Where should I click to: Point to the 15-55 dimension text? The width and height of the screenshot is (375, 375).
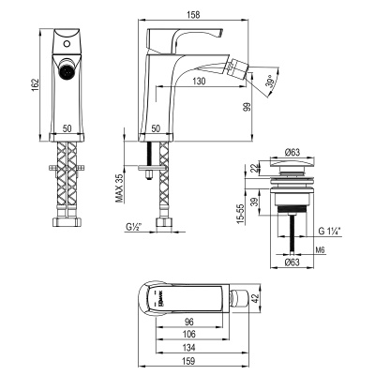coord(242,216)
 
